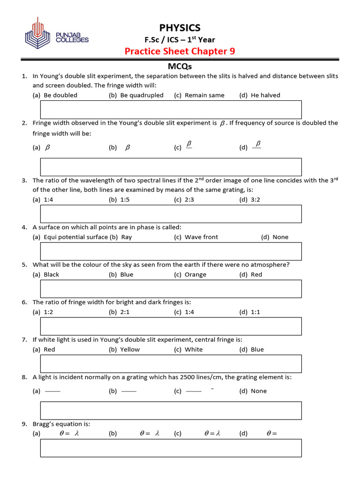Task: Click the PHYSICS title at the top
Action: click(x=180, y=28)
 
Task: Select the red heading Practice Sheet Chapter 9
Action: click(x=180, y=51)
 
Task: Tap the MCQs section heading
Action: click(x=180, y=67)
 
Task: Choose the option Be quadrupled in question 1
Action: click(x=142, y=95)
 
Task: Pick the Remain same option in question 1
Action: click(x=204, y=95)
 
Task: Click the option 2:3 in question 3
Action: click(x=189, y=199)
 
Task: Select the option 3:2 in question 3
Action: click(x=255, y=199)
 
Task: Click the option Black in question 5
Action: click(x=51, y=275)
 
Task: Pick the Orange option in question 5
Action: click(x=195, y=275)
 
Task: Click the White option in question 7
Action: click(x=194, y=350)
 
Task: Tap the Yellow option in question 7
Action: click(x=130, y=350)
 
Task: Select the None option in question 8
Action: click(x=259, y=391)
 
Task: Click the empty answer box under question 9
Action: click(x=171, y=448)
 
